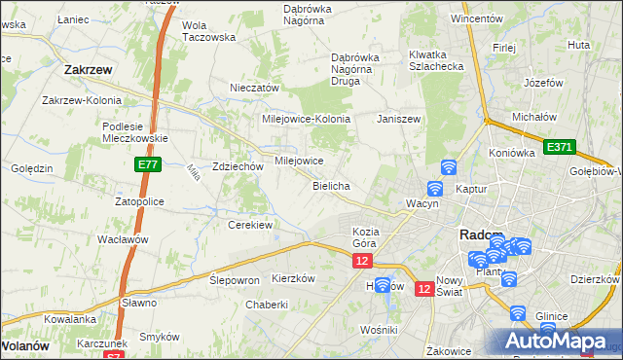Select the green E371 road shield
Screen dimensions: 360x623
[x=560, y=147]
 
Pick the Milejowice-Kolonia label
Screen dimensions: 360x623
[x=305, y=119]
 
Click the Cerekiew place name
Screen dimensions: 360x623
[x=249, y=225]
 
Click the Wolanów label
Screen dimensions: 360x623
[x=24, y=345]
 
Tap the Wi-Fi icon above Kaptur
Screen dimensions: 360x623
[x=449, y=167]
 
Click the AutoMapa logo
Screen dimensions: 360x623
[x=555, y=341]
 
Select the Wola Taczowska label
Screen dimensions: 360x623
[x=209, y=31]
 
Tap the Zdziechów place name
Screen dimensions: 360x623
[x=238, y=166]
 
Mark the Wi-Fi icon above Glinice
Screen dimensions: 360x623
[x=517, y=313]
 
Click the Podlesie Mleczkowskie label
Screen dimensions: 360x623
[x=136, y=132]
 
